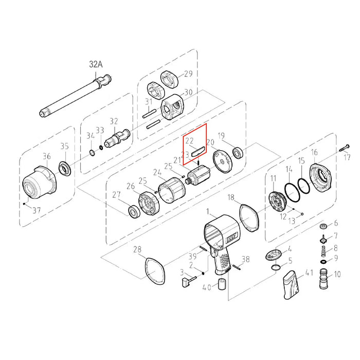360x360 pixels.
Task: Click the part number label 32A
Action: click(96, 64)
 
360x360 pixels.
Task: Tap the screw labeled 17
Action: click(344, 148)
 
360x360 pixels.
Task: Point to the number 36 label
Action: click(47, 156)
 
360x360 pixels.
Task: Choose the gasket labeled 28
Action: click(155, 271)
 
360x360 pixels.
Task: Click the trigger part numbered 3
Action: click(189, 281)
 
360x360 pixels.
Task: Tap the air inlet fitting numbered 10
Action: click(323, 278)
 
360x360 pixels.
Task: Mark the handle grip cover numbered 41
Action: click(292, 285)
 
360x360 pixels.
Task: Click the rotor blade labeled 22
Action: click(199, 152)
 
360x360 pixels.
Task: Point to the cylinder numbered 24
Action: click(172, 190)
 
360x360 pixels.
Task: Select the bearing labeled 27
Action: click(134, 212)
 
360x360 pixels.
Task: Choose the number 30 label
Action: click(188, 93)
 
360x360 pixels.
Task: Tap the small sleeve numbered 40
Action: click(222, 284)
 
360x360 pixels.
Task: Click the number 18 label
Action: click(231, 197)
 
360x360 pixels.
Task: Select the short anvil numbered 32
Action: click(117, 138)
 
